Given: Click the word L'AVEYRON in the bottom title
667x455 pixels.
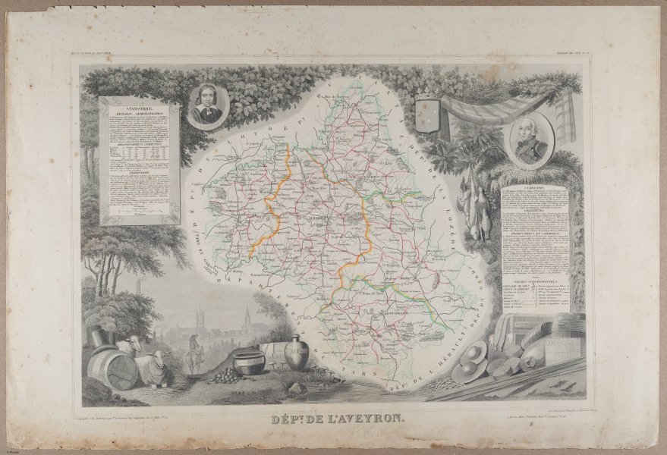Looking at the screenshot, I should coord(360,416).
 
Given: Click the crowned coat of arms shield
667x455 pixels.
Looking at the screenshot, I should coord(427,113).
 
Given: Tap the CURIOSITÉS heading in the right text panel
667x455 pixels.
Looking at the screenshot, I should coord(535,184).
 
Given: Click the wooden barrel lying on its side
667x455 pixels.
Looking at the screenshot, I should coord(112,369).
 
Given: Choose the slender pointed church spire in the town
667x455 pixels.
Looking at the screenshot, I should coord(247,316).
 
